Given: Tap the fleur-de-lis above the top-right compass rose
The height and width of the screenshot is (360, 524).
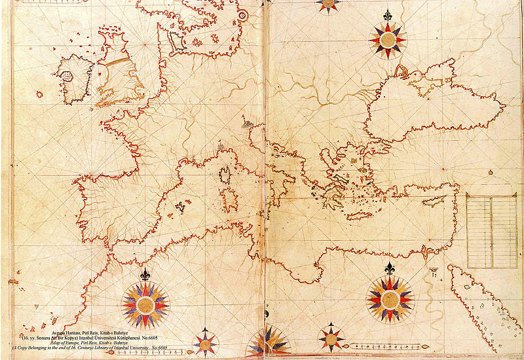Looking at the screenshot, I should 388,15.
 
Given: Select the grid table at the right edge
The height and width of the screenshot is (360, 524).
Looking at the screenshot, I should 491,222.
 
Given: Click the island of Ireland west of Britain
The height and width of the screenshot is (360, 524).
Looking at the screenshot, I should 75,75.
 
